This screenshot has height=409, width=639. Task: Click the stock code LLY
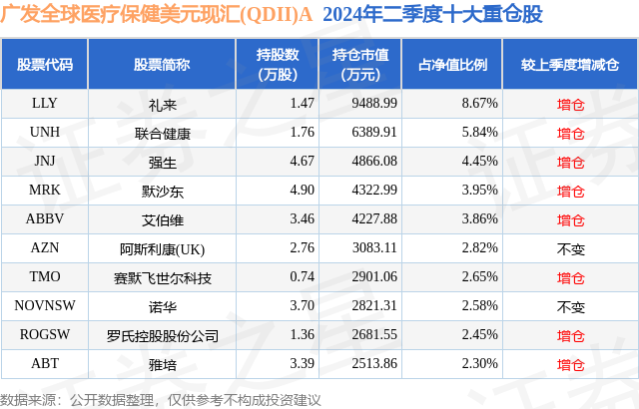[44, 103]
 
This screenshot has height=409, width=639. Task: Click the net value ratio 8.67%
[466, 103]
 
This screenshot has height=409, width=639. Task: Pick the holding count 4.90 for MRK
[274, 190]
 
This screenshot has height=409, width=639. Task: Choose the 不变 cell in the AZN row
[570, 248]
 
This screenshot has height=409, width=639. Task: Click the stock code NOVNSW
[44, 306]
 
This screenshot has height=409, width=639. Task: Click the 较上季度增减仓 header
[570, 64]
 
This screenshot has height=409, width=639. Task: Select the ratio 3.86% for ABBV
[466, 219]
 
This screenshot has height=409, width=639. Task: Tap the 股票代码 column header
[45, 64]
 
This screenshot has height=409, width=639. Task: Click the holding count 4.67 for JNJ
[274, 161]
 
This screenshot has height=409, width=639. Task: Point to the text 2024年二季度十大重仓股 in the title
[432, 17]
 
